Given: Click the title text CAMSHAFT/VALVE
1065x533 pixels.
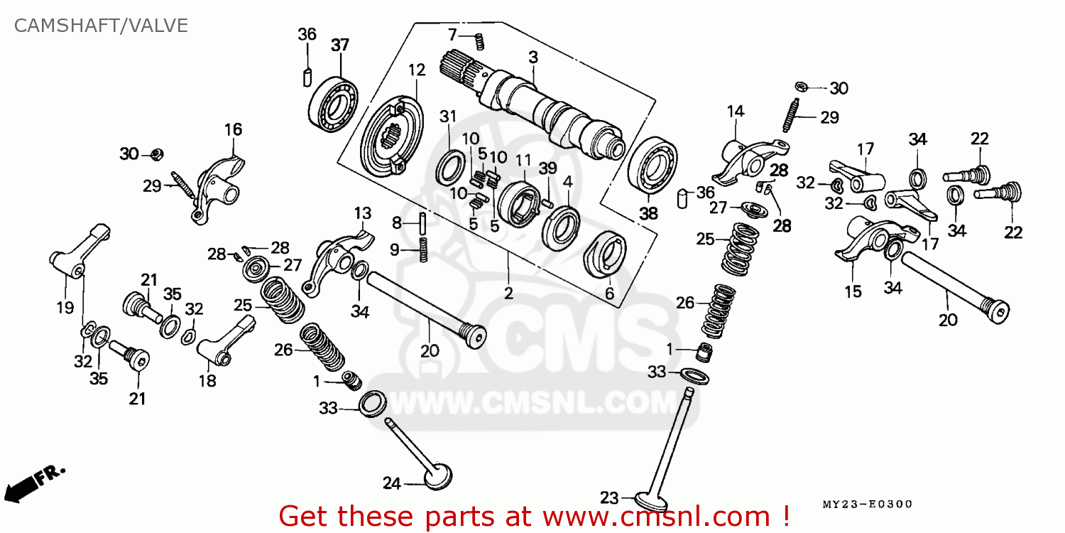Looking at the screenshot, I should tap(102, 26).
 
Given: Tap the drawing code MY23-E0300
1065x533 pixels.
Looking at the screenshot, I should tap(867, 504).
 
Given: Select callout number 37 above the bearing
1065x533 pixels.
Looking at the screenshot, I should tap(340, 45).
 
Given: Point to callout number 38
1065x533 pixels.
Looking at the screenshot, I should tap(649, 213).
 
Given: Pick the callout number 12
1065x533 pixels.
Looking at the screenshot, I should tap(416, 70).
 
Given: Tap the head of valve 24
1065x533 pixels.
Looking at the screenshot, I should tap(437, 475).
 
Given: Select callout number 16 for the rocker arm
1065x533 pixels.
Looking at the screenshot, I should tap(234, 129).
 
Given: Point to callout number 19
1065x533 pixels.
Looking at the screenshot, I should tap(65, 308).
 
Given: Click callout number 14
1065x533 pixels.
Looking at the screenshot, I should tap(735, 111).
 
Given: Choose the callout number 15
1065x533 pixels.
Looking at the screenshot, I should tap(853, 291).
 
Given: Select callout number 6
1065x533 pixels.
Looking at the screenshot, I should tap(609, 293).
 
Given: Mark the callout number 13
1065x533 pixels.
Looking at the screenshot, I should tap(363, 213).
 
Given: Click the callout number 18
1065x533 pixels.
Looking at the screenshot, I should tap(207, 381).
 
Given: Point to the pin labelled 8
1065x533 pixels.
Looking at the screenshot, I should tap(422, 222).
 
